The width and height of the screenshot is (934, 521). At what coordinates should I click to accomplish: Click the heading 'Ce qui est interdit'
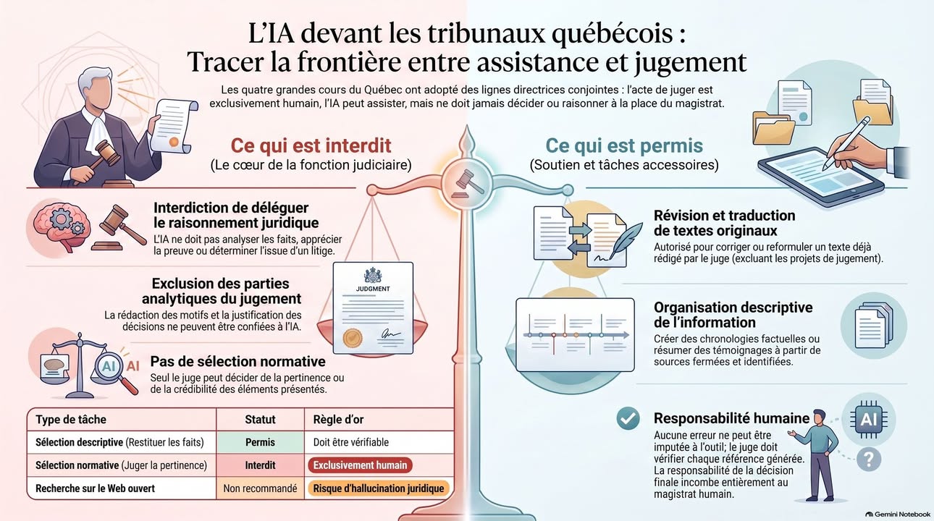coord(311,145)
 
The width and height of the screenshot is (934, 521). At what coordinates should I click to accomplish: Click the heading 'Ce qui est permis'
coord(624,145)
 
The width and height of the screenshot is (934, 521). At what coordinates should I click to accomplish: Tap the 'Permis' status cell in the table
coord(260,442)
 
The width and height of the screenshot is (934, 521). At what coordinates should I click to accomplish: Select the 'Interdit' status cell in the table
coord(260,465)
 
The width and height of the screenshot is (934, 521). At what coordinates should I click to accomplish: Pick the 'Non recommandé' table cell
coord(260,488)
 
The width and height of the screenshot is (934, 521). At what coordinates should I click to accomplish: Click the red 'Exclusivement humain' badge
coord(361,465)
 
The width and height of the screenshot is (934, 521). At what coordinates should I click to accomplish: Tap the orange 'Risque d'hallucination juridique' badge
coord(379,488)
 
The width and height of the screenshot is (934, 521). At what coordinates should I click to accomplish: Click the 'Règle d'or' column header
coord(338,419)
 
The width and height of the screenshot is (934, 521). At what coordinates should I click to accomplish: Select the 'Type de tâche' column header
coord(71,419)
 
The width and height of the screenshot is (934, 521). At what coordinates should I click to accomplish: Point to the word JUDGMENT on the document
coord(373,289)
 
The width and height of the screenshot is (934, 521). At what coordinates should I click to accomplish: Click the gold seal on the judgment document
coord(353,338)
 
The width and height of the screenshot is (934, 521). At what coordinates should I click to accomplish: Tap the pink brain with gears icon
coord(62,226)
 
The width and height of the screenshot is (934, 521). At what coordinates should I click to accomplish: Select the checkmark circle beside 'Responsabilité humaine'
coord(628,418)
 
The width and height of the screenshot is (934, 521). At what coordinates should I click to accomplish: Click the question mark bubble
coord(869,459)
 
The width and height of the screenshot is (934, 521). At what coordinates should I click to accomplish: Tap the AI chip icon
coord(869,419)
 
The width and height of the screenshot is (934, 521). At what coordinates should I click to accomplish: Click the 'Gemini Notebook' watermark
coord(897,514)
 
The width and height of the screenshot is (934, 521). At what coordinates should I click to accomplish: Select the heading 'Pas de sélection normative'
coord(237,361)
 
